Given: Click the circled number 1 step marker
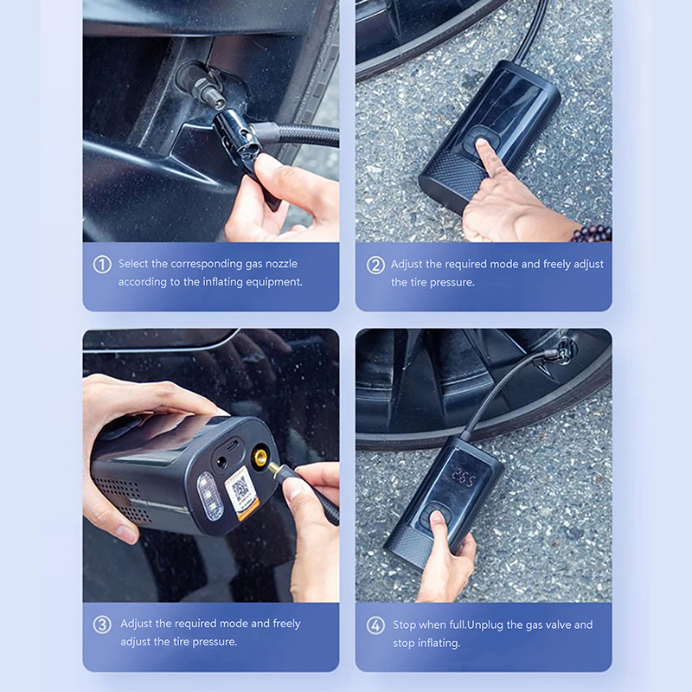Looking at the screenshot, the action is click(102, 265).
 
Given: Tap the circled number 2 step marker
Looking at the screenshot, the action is click(375, 266).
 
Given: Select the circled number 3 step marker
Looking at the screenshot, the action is click(102, 625).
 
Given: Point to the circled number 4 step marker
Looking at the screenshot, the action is click(375, 625).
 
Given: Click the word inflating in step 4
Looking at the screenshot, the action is click(439, 643).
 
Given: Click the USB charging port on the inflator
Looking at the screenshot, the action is click(233, 443).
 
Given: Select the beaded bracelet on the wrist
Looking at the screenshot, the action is click(593, 233).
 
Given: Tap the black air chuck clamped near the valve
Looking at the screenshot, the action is click(235, 136).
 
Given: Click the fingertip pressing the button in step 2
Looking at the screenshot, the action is click(483, 145).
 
